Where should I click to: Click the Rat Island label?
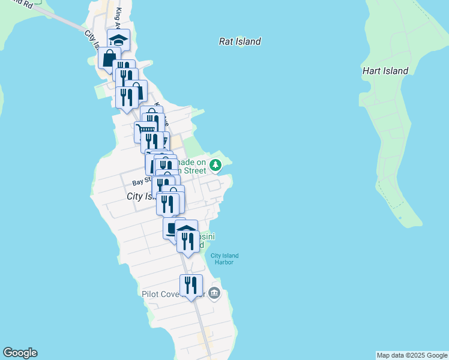click(x=240, y=41)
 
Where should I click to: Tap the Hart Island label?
click(x=385, y=71)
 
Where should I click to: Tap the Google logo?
click(x=20, y=353)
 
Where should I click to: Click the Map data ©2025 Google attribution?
click(x=412, y=355)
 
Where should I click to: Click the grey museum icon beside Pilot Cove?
click(x=215, y=293)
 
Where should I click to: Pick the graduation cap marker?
click(x=119, y=40)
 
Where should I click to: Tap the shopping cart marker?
click(x=145, y=130)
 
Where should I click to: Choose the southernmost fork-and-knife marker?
click(x=191, y=285)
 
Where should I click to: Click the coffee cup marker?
click(x=172, y=227)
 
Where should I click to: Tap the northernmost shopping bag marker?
click(x=109, y=58)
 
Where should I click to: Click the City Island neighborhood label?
click(x=139, y=197)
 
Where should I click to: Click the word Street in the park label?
click(x=194, y=171)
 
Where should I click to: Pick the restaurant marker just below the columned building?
click(x=188, y=241)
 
